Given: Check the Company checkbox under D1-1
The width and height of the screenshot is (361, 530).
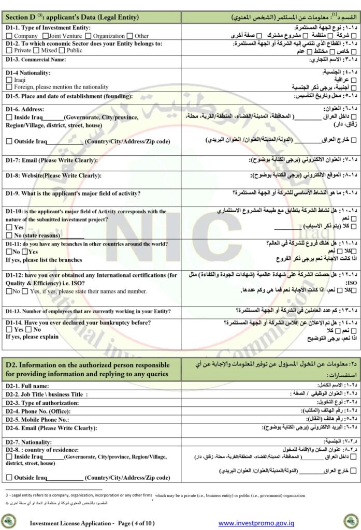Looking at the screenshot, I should coord(9,36).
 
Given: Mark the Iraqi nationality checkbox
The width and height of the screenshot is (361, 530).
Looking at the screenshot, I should coord(9,80).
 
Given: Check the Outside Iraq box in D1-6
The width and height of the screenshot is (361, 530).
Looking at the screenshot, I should coord(9,140).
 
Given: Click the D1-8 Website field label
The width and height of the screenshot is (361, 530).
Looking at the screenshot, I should coord(53,175).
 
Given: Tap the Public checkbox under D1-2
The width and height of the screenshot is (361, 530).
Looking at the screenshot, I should coord(63,51).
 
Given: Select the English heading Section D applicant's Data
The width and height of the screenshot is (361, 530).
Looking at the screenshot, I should coord(71,18).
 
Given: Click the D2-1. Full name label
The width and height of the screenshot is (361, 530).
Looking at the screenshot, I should coord(27,386).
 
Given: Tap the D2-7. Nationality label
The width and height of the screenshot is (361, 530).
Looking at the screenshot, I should coord(31,441).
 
